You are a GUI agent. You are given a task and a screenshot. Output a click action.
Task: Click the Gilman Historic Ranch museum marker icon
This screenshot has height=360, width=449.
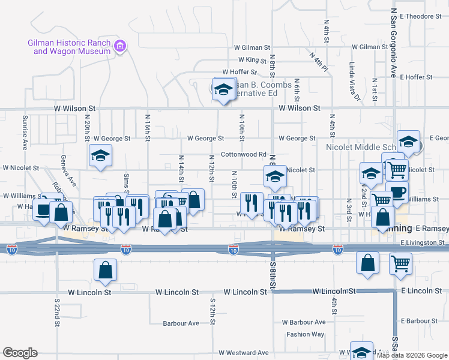click(x=121, y=46)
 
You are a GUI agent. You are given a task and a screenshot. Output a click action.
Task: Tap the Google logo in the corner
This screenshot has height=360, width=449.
click(x=20, y=353)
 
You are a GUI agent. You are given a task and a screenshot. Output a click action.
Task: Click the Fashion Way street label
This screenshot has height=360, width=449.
click(x=305, y=334)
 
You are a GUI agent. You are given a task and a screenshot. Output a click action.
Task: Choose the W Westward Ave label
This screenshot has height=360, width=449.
click(x=243, y=353)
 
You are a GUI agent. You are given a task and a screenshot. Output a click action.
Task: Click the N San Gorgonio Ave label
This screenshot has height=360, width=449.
click(x=394, y=42)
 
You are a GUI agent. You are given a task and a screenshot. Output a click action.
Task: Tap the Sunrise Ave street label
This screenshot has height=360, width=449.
click(x=25, y=132)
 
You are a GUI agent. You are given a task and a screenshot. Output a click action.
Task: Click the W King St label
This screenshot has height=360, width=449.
click(x=252, y=60)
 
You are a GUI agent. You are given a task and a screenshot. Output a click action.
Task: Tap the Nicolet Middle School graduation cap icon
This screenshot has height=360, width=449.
click(x=409, y=142)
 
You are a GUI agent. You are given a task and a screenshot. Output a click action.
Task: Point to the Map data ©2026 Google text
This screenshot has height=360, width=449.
click(x=412, y=355)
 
